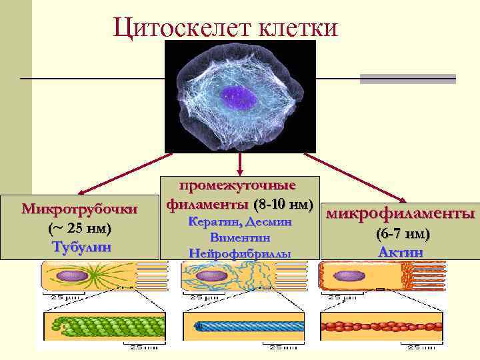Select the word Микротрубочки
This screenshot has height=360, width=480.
click(79, 209)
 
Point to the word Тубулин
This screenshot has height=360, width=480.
click(79, 246)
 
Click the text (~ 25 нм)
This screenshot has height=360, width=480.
click(79, 228)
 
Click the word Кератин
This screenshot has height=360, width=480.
click(215, 221)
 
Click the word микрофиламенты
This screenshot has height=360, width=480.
click(399, 214)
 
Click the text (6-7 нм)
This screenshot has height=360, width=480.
click(403, 234)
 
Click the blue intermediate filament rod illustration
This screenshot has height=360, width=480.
click(241, 327)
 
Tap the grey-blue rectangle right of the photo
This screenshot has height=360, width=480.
click(407, 79)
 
